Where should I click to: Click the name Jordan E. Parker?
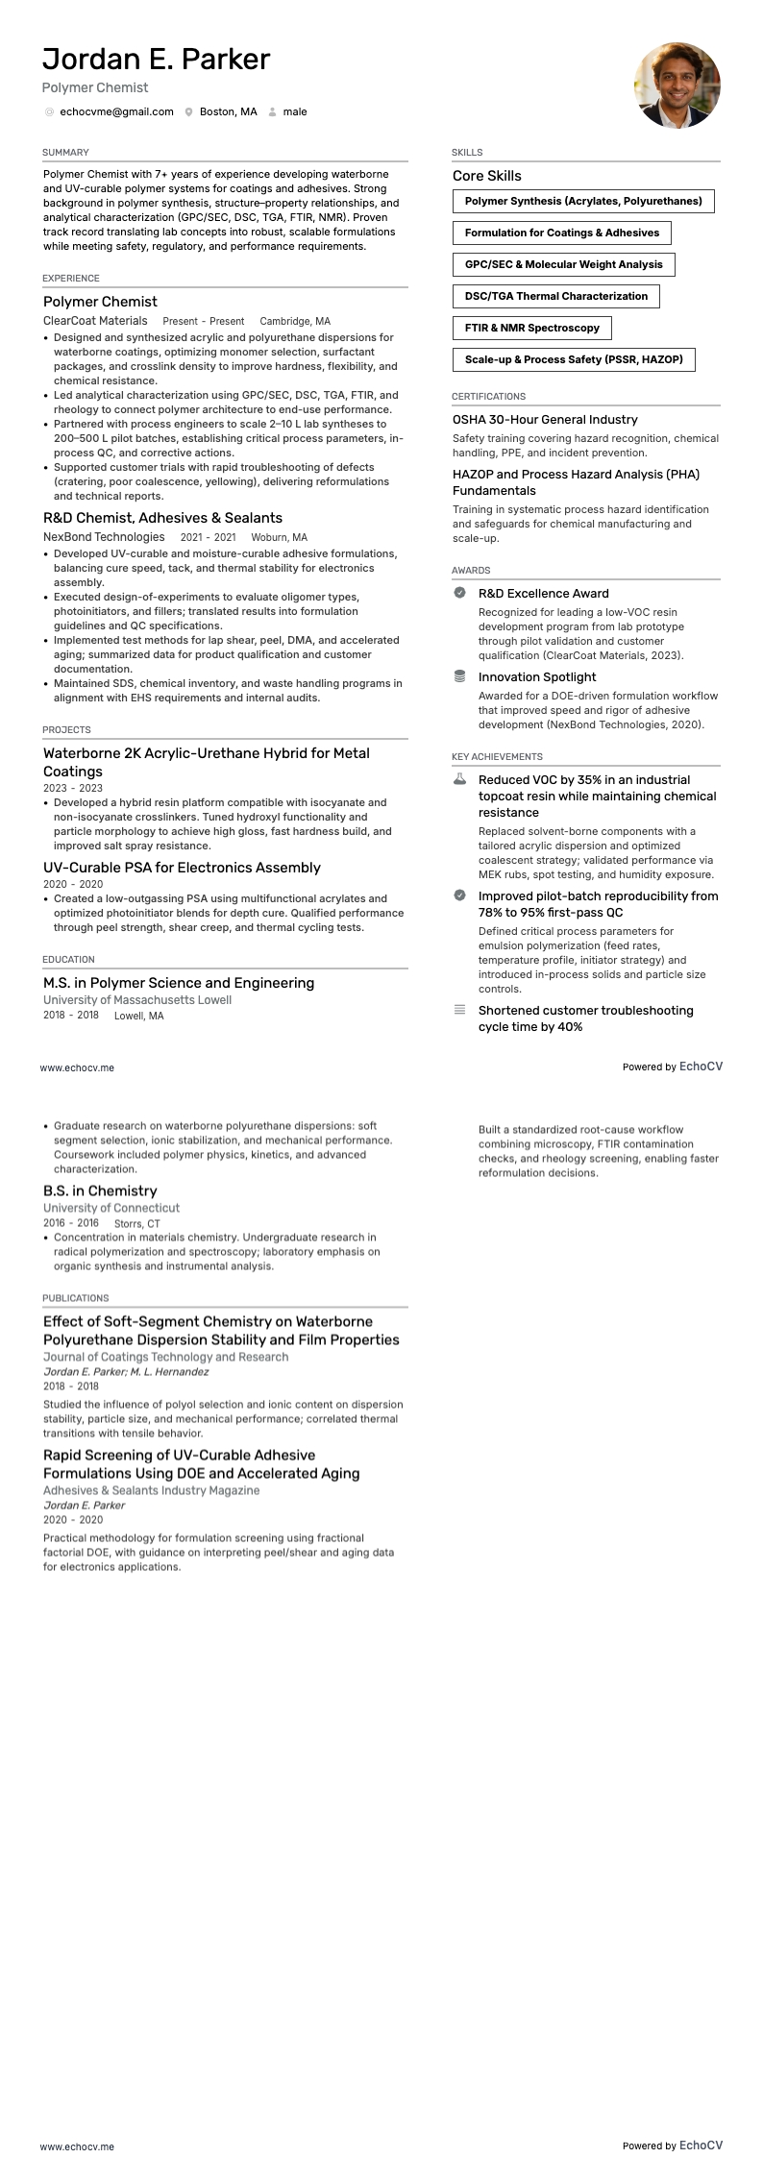point(156,60)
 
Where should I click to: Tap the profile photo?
point(677,86)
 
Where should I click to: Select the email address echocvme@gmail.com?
point(116,112)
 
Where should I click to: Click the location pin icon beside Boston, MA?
point(189,112)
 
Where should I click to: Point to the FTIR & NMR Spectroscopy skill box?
point(531,329)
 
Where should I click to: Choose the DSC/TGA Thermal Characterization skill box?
point(555,297)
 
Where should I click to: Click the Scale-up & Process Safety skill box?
point(573,360)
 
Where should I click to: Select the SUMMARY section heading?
point(65,153)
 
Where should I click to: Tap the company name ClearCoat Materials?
point(95,321)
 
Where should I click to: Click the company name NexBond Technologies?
point(104,537)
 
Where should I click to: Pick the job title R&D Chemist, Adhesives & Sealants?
point(162,518)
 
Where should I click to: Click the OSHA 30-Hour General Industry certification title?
point(545,420)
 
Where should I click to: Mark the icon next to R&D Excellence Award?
point(460,593)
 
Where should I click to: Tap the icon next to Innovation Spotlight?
point(460,676)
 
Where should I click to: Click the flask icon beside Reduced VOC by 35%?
point(460,779)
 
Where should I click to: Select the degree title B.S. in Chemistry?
point(100,1191)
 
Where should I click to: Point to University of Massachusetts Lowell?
point(137,1000)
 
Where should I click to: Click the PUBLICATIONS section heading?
point(75,1298)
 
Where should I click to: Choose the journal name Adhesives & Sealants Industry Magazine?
point(151,1490)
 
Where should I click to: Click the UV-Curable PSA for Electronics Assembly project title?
point(182,868)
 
